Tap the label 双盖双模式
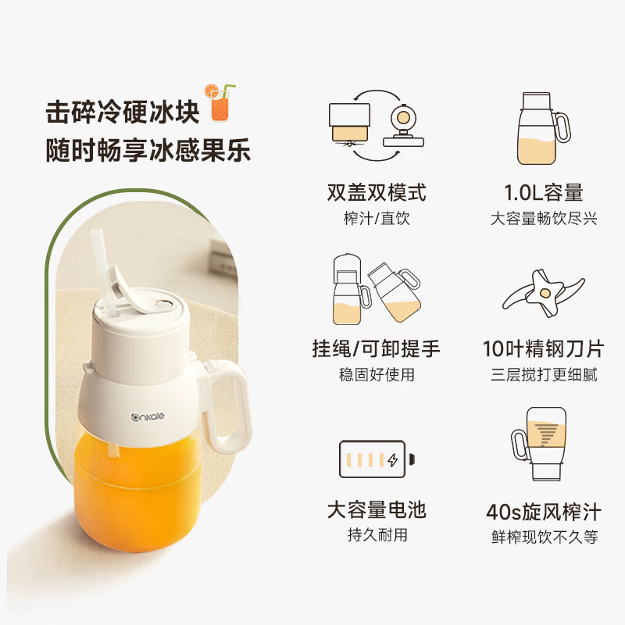point(377,193)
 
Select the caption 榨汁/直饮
point(377,219)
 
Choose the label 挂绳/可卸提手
point(377,348)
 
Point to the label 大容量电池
point(377,510)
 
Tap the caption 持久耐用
point(377,535)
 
